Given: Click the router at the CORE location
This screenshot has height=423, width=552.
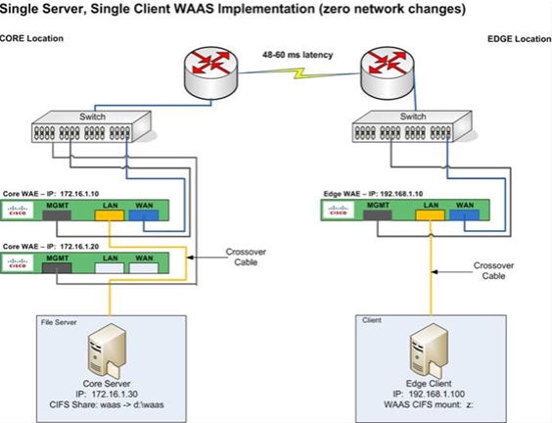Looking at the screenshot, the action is [x=211, y=71].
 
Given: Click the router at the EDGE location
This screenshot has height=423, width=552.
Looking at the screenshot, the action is [x=388, y=72].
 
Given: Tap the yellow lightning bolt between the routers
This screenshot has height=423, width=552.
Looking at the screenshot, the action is [x=299, y=73].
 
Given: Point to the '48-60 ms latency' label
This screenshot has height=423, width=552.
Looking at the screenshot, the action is [x=298, y=55].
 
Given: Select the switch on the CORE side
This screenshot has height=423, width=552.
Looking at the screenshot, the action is [x=92, y=126].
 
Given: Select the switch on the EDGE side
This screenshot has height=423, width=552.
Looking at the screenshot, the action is [x=413, y=126].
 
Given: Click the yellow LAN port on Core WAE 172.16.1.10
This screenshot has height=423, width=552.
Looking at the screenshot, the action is [x=110, y=215].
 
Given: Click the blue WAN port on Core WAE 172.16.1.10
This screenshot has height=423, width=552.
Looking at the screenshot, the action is [x=144, y=215].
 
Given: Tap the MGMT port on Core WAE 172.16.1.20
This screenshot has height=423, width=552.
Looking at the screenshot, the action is [x=57, y=268].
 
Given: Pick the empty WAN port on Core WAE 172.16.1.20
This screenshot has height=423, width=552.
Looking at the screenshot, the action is [x=144, y=268].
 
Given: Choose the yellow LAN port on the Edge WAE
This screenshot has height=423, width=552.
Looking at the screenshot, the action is [x=431, y=215].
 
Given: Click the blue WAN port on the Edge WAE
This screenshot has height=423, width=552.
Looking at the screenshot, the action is [x=465, y=215].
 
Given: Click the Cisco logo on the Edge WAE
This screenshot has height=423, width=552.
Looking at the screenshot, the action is [x=338, y=211].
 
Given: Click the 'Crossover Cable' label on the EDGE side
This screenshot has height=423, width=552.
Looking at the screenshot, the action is [x=493, y=270].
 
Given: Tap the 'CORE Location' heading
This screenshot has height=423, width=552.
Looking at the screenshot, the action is [x=31, y=38].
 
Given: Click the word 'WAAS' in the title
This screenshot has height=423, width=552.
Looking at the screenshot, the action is [x=195, y=9].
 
